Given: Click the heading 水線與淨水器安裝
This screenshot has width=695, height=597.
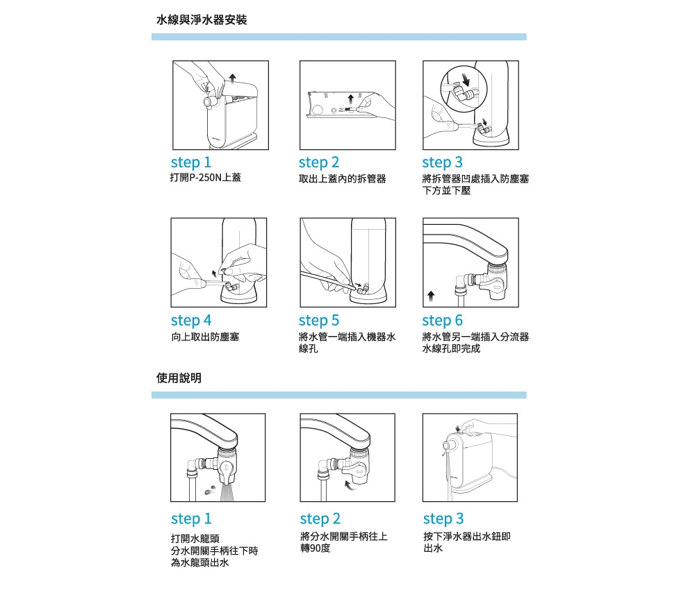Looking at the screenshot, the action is click(x=202, y=19).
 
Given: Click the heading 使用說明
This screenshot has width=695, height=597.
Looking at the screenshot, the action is click(x=179, y=378).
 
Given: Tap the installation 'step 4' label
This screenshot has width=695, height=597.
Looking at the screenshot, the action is click(x=191, y=320).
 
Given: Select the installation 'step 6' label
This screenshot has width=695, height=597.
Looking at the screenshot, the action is click(x=442, y=320).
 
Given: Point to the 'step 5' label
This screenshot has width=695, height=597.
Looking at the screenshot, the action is click(x=319, y=320).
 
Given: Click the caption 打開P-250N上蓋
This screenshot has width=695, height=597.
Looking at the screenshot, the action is click(x=206, y=177).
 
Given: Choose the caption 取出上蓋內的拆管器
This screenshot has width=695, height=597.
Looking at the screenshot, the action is click(x=342, y=178).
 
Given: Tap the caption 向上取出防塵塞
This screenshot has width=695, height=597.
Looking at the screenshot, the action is click(x=205, y=337).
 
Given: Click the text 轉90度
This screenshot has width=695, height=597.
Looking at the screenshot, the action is click(x=315, y=548).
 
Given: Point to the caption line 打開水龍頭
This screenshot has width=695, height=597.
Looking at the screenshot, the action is click(x=195, y=539).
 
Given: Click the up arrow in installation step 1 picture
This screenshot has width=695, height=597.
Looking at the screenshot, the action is click(x=232, y=78).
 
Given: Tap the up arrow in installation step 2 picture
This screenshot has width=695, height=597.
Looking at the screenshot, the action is click(x=350, y=99).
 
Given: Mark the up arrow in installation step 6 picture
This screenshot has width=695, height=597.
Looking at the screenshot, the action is click(x=431, y=296).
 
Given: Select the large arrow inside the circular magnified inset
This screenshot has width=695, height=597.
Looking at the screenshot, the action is click(x=466, y=80).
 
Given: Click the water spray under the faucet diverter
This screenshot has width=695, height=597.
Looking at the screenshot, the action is click(x=227, y=492).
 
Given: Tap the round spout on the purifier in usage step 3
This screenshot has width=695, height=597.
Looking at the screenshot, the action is click(x=448, y=445).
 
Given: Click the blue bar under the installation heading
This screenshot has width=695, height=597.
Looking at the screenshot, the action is click(x=339, y=37).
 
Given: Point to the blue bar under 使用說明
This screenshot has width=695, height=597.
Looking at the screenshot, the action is click(x=339, y=395).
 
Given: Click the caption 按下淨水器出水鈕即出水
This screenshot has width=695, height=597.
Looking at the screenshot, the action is click(x=467, y=542).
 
